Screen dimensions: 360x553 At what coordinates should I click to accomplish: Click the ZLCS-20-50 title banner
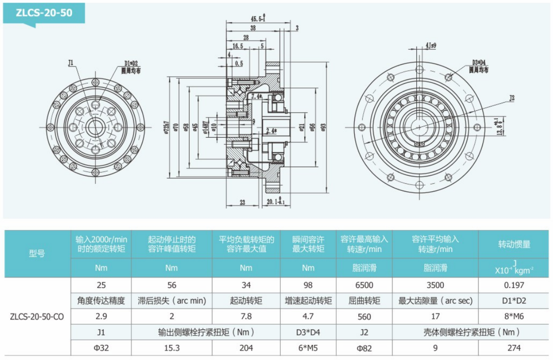pyautogui.click(x=44, y=13)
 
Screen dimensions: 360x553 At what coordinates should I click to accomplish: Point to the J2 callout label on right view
pyautogui.click(x=512, y=98)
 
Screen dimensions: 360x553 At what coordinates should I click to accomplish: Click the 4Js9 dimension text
pyautogui.click(x=431, y=46)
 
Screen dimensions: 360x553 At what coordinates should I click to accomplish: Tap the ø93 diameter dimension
pyautogui.click(x=324, y=128)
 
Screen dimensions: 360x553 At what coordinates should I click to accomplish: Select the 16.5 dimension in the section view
pyautogui.click(x=237, y=46)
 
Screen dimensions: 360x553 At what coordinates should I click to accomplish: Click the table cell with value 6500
pyautogui.click(x=364, y=285)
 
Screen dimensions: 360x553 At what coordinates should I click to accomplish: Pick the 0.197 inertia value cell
pyautogui.click(x=514, y=285)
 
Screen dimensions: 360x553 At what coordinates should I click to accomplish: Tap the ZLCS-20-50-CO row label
pyautogui.click(x=37, y=317)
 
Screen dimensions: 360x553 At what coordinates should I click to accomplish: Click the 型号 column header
pyautogui.click(x=37, y=254)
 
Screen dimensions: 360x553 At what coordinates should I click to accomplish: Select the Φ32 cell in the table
pyautogui.click(x=101, y=348)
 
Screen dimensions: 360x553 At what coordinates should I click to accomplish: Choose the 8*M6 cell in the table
pyautogui.click(x=514, y=317)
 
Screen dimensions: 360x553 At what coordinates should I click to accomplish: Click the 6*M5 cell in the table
pyautogui.click(x=308, y=348)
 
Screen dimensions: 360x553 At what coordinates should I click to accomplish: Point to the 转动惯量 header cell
pyautogui.click(x=514, y=244)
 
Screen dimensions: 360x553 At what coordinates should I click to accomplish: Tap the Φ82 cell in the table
pyautogui.click(x=364, y=348)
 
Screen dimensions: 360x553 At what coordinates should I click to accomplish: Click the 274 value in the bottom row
pyautogui.click(x=514, y=348)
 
